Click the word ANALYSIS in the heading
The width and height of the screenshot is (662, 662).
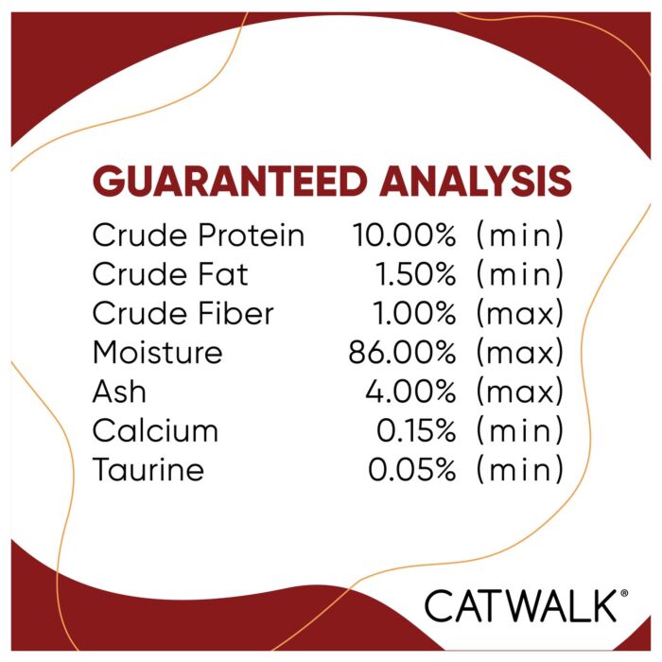point(476,181)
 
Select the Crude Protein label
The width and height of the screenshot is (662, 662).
point(199,235)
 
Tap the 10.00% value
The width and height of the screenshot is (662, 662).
point(404,235)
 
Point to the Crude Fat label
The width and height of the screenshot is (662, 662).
point(170,274)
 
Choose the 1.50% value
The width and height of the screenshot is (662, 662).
point(415,274)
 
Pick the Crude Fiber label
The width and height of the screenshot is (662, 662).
point(183,313)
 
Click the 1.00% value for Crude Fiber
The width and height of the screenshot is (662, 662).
point(414,313)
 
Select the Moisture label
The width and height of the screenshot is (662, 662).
point(158,352)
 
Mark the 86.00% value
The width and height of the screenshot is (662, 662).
point(402,353)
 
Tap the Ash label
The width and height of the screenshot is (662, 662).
point(119,392)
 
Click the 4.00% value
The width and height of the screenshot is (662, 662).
point(410,392)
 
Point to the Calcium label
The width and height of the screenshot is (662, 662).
point(155,430)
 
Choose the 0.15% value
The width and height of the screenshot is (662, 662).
point(416,430)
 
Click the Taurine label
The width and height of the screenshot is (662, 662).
point(148,469)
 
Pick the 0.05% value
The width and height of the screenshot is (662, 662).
point(412,469)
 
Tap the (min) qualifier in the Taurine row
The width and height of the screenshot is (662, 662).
point(520,469)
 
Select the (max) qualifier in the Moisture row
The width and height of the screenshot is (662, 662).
point(520,353)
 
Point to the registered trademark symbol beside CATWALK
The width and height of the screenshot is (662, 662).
point(624,593)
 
